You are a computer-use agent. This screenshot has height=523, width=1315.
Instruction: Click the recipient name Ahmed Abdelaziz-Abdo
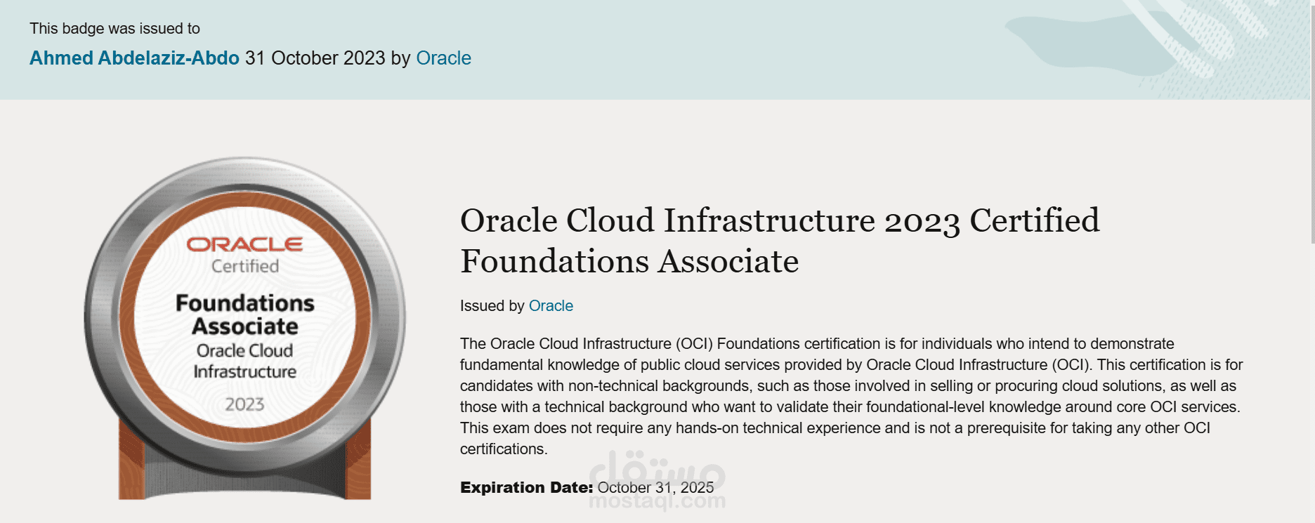click(x=134, y=58)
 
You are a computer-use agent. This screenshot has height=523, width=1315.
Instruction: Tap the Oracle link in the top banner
click(x=443, y=58)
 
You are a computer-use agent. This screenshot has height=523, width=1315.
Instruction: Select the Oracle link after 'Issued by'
click(x=551, y=306)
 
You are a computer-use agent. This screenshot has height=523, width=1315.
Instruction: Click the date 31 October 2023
click(x=315, y=58)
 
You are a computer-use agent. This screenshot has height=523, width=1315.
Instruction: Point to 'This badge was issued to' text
click(x=115, y=29)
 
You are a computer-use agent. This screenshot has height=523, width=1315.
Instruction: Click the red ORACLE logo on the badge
click(x=244, y=244)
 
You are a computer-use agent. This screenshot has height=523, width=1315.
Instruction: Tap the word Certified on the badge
click(x=245, y=267)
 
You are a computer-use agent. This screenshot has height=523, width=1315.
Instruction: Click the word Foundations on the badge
click(x=244, y=303)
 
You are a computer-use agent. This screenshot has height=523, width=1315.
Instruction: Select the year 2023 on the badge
click(x=244, y=404)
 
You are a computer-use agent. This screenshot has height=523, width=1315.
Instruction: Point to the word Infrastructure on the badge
click(x=244, y=371)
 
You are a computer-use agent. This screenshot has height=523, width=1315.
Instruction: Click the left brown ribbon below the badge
click(x=131, y=463)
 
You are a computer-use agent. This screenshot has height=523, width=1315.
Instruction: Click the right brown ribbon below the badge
click(x=358, y=463)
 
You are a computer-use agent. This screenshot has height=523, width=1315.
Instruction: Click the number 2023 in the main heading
click(x=922, y=222)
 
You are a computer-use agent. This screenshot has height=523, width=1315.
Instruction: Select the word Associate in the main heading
click(x=728, y=262)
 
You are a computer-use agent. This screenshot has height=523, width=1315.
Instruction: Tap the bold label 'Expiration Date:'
click(x=526, y=488)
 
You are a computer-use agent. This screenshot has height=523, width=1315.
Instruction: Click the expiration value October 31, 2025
click(x=655, y=488)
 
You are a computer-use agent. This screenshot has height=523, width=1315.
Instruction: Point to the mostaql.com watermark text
click(x=657, y=501)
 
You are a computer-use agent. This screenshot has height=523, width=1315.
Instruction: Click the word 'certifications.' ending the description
click(x=504, y=449)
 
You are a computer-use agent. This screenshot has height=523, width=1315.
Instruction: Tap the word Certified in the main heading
click(x=1034, y=220)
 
